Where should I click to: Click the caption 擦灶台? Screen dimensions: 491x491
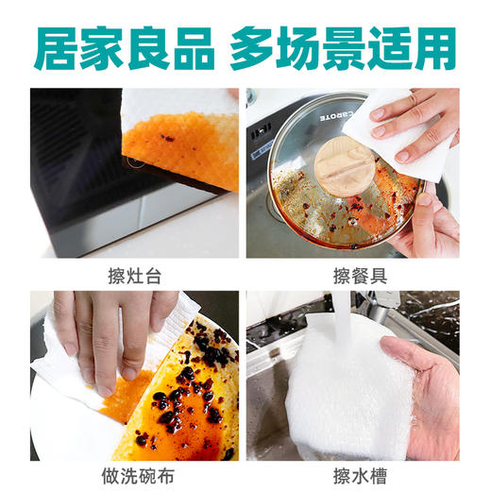[x=134, y=276]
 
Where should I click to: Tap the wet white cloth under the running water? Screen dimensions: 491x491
[x=349, y=387]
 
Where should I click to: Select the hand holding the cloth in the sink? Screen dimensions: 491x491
[x=425, y=397]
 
